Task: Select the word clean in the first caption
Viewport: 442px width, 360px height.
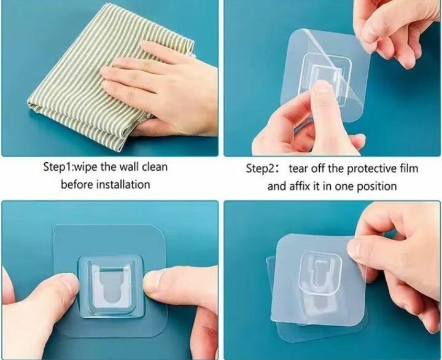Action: click(155, 166)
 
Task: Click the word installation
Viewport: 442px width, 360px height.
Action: click(123, 184)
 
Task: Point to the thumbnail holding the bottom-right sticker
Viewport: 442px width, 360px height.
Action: click(355, 248)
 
